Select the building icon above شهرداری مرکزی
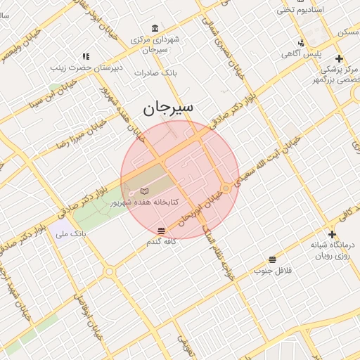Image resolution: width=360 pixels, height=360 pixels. coord(155,28)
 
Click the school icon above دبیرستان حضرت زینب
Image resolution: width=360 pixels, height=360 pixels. coord(86,56)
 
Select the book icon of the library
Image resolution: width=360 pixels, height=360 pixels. coord(145,191)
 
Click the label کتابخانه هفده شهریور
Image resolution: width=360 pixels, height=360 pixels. coord(144,202)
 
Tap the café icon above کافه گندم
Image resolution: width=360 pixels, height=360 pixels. coord(162,231)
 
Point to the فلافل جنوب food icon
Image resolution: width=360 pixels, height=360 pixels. coord(272,259)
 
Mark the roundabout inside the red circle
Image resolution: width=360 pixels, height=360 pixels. coord(226,188)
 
